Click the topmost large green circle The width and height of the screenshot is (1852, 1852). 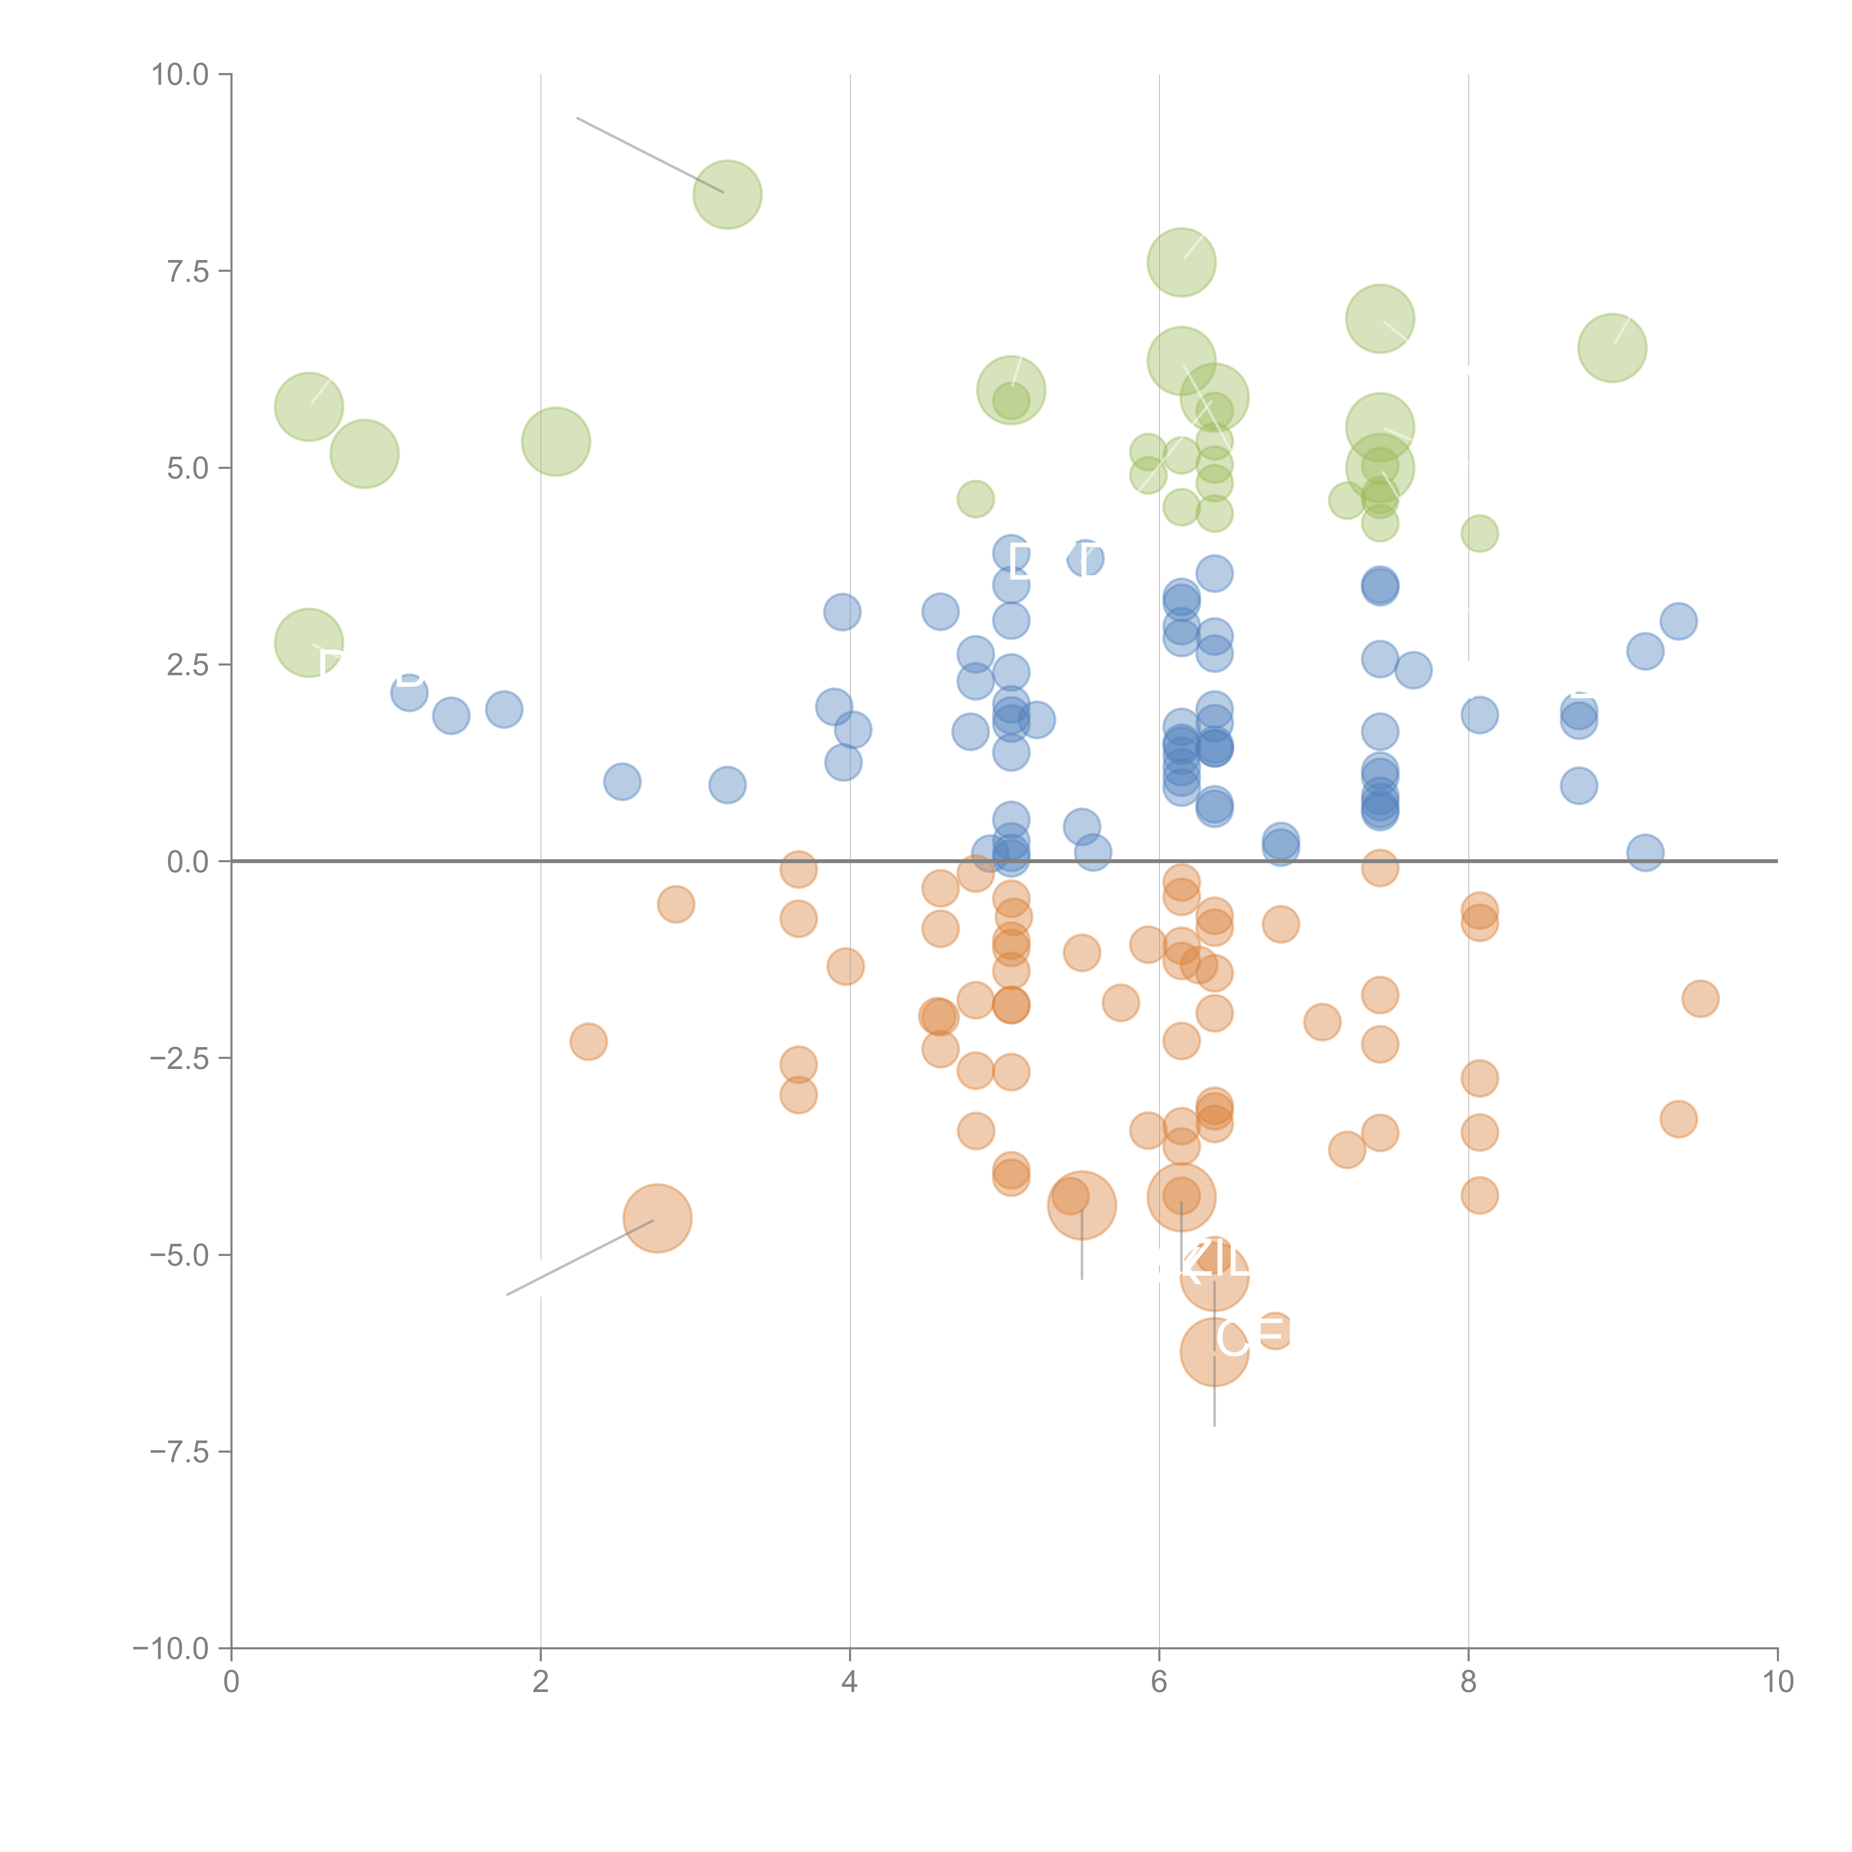[x=727, y=194]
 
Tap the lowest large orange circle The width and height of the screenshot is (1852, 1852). [x=1215, y=1352]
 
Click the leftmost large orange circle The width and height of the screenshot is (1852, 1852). [x=657, y=1218]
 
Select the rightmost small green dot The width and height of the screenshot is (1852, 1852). [x=1479, y=533]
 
